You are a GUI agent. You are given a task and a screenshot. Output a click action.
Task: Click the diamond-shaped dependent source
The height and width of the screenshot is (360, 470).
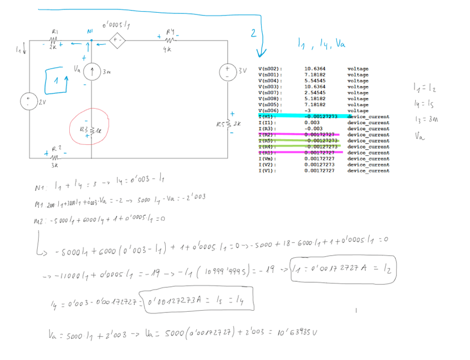point(116,40)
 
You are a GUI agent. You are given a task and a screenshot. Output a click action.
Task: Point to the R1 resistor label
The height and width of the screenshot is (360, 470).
point(54,32)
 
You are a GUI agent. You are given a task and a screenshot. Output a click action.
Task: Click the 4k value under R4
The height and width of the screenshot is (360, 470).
point(167,49)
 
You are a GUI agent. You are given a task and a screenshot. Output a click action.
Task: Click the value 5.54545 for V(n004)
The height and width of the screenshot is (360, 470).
point(315,81)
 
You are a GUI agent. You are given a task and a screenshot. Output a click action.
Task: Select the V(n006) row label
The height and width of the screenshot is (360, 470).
point(270,110)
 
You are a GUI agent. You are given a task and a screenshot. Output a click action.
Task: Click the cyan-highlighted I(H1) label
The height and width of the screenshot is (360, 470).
point(269,116)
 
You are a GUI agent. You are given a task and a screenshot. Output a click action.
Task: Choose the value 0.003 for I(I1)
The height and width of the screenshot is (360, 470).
point(311,123)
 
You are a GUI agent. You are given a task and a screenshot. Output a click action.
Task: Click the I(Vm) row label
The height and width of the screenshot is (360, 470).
point(270,159)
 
